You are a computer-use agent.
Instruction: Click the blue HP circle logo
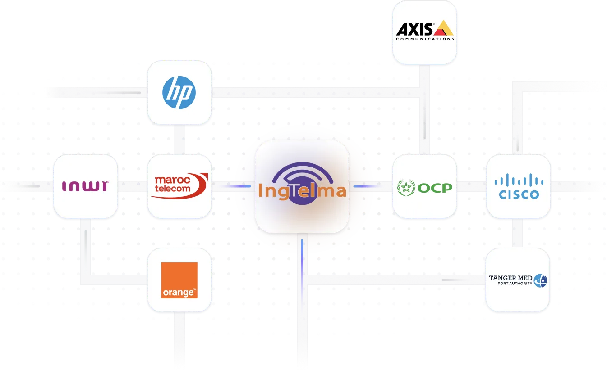pos(179,93)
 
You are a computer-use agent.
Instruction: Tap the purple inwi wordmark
pos(85,186)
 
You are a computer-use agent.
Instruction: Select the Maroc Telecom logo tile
pos(179,186)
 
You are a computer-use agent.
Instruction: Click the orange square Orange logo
pos(179,280)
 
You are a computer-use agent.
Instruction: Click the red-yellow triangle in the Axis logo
pos(443,28)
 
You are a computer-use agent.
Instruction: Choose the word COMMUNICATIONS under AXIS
pos(425,39)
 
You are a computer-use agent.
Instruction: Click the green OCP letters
pos(435,188)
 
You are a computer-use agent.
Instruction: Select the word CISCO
pos(519,194)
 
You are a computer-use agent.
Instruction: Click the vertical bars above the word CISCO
pos(519,180)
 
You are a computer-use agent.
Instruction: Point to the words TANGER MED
pos(511,278)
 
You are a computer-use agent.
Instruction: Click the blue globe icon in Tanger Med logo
pos(540,280)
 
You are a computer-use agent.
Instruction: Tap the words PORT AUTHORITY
pos(515,284)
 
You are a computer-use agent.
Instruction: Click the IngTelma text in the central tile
pos(302,191)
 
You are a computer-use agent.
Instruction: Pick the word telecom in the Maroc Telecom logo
pos(172,189)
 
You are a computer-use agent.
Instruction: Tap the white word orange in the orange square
pos(177,293)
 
